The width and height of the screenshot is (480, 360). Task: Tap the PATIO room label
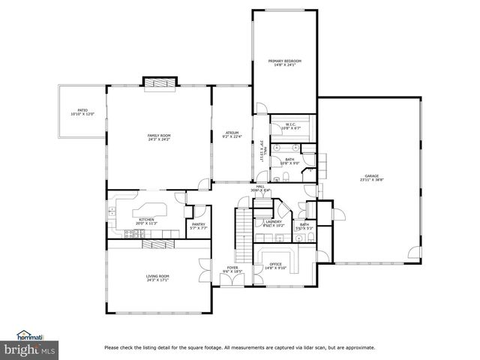(x=79, y=111)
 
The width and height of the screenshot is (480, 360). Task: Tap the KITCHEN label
(x=145, y=220)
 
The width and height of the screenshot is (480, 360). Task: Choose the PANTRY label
(x=199, y=224)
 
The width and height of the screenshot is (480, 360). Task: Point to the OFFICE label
(x=276, y=264)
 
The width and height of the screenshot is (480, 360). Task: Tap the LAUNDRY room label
(x=273, y=222)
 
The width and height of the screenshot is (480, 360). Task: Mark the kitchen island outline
(x=150, y=208)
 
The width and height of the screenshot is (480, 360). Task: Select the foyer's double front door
(x=232, y=280)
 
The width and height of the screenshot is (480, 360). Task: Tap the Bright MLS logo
(x=31, y=349)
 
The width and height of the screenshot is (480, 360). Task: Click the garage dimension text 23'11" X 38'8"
(x=372, y=180)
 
